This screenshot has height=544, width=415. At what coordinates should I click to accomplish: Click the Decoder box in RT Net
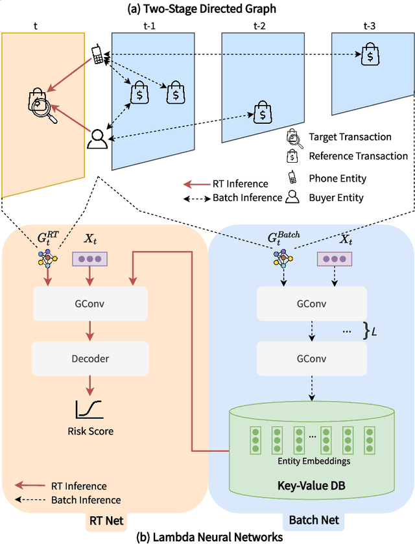click(x=90, y=358)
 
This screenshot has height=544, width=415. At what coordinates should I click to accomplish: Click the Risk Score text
click(x=90, y=431)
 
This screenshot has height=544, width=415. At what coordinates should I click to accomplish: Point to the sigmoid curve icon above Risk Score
click(x=89, y=408)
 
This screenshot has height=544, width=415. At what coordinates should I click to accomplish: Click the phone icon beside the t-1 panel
click(x=98, y=54)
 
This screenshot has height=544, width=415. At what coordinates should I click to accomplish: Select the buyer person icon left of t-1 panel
click(x=97, y=138)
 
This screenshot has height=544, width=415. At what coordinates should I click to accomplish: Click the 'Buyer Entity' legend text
click(x=337, y=197)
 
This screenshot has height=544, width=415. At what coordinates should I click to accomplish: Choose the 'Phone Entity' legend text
click(x=337, y=178)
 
